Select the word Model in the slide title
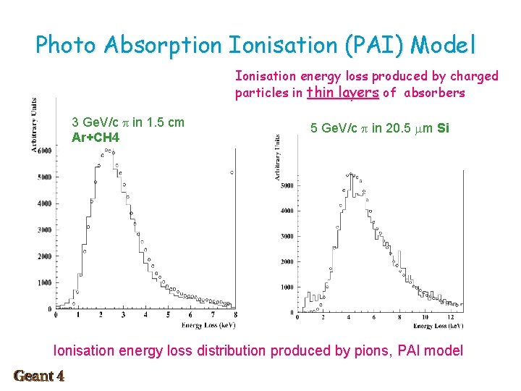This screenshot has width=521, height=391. [444, 46]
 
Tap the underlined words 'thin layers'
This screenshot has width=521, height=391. [342, 93]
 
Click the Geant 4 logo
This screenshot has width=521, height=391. [39, 376]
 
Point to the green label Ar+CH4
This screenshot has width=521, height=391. [96, 137]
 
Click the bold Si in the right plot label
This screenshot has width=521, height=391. [444, 128]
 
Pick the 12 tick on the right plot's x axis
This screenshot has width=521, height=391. [451, 317]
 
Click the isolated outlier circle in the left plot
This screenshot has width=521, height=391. [232, 172]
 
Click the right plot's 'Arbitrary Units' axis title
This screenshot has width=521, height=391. [277, 156]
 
